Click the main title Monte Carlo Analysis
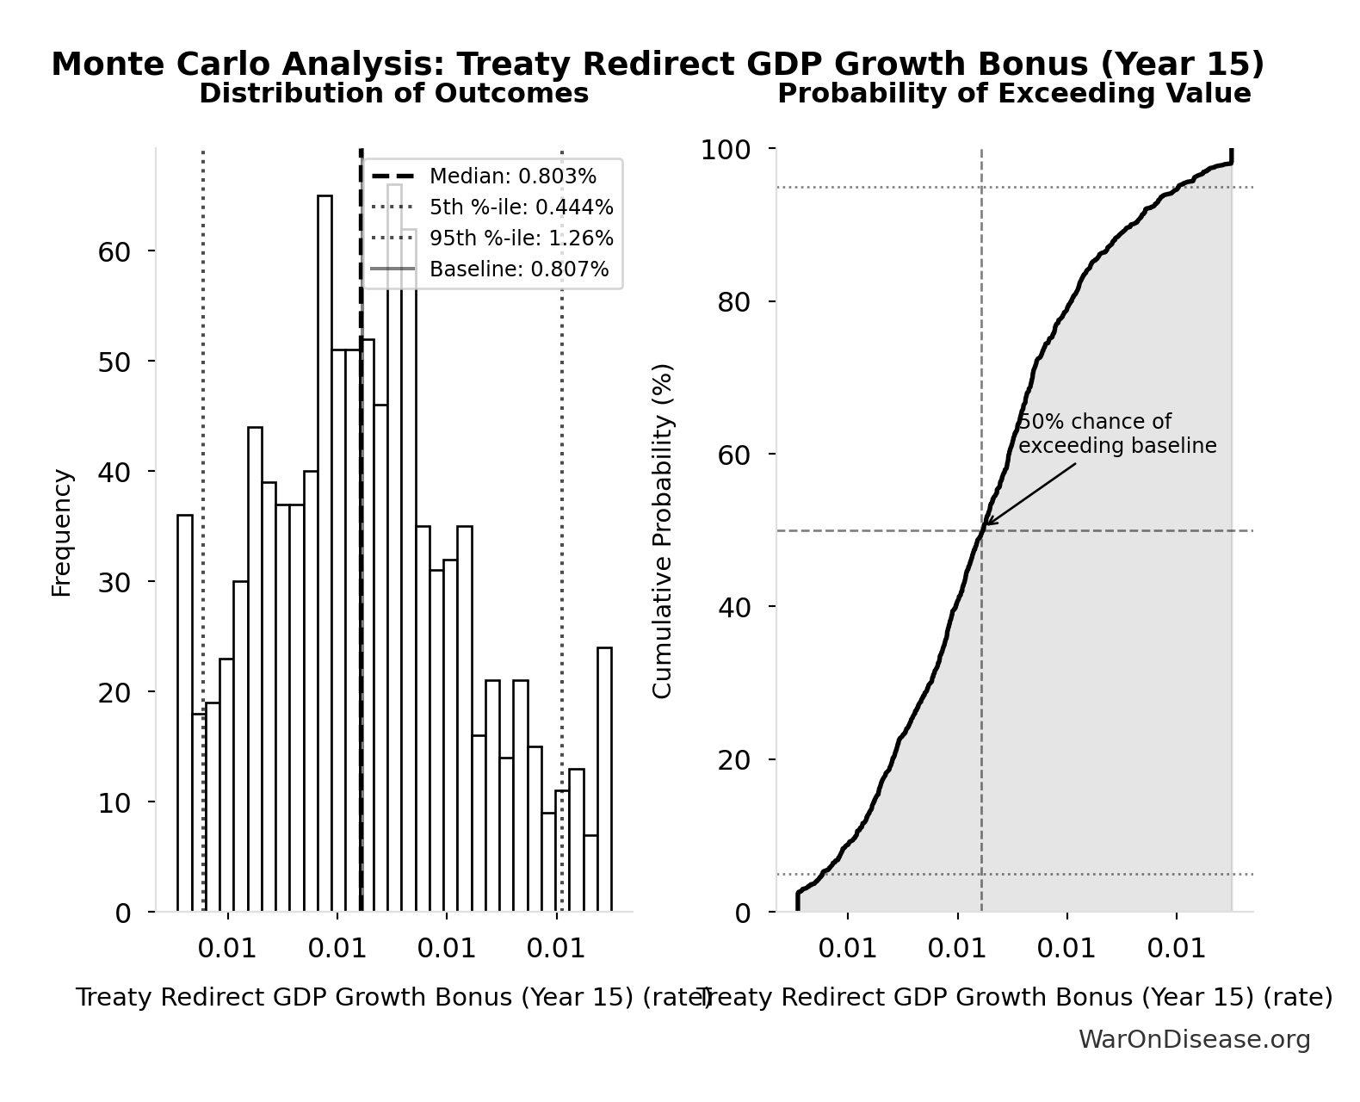(x=658, y=65)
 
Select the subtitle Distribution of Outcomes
(x=394, y=93)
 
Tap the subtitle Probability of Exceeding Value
(x=1014, y=93)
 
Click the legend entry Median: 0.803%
(x=512, y=176)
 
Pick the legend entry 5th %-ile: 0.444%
(x=521, y=207)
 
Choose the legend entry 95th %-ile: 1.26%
(x=521, y=238)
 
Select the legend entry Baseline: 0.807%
(x=518, y=269)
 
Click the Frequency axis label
(x=62, y=532)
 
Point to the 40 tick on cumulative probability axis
(x=733, y=607)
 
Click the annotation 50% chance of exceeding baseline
(x=1116, y=434)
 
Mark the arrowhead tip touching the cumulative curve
(x=986, y=524)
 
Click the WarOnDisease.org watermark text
(x=1194, y=1039)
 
